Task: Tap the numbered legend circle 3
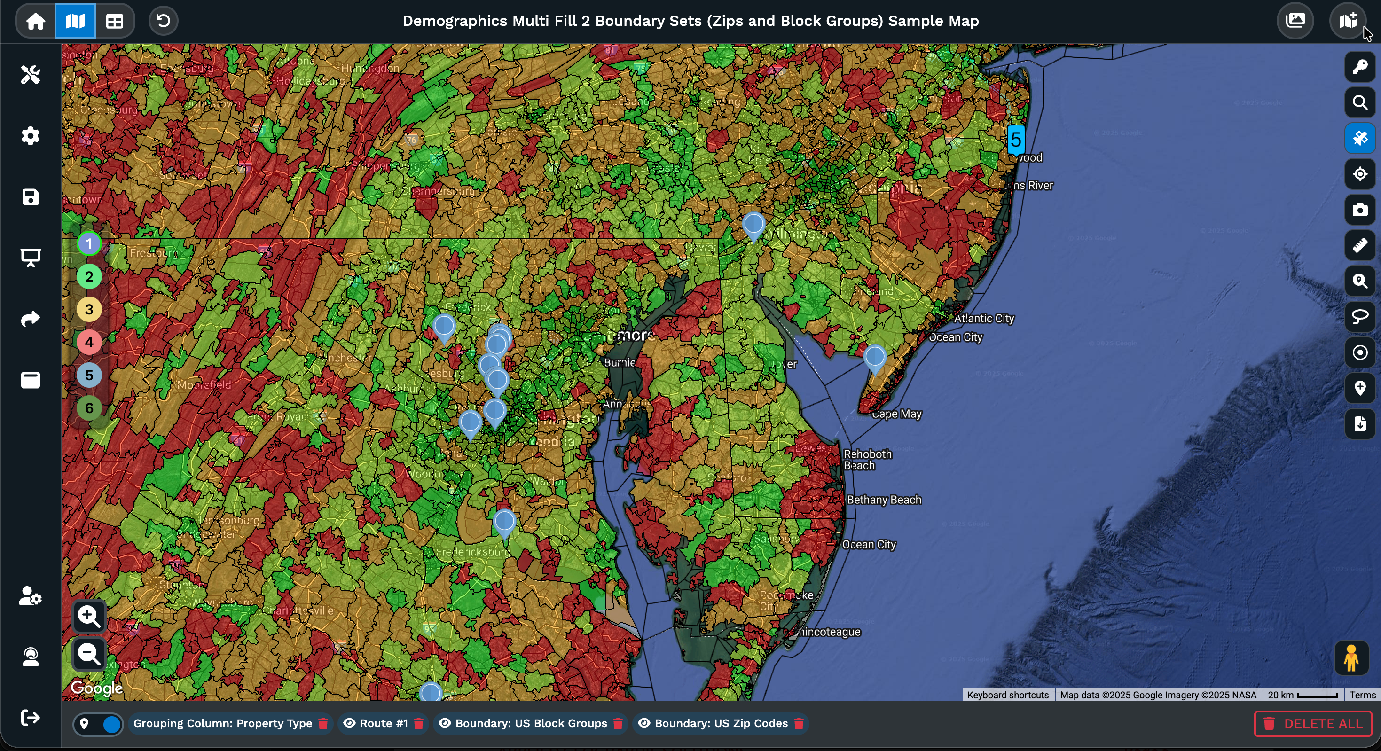[x=89, y=309]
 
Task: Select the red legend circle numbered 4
[x=89, y=342]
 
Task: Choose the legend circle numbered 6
[x=89, y=408]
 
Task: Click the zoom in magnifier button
[x=89, y=617]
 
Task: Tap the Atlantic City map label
[x=984, y=319]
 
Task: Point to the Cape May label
[x=896, y=414]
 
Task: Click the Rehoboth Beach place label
[x=867, y=460]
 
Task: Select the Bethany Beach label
[x=884, y=500]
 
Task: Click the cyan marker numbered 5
[x=1015, y=140]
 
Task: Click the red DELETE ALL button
[x=1312, y=724]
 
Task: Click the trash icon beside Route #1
[x=419, y=724]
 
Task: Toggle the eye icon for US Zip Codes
[x=644, y=723]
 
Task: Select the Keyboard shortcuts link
[x=1007, y=695]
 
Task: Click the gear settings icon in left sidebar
[x=31, y=136]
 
